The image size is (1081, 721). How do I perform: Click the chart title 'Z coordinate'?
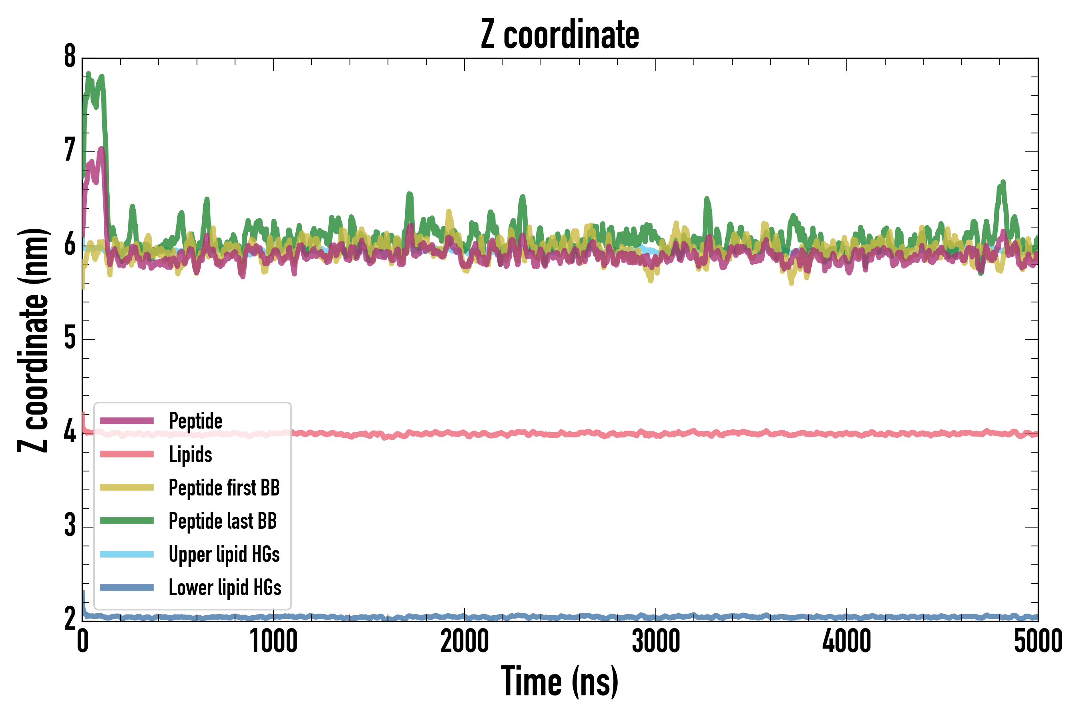coord(559,35)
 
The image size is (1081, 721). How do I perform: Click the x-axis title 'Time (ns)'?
coord(559,681)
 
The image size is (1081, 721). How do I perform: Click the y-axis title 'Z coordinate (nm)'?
coord(33,340)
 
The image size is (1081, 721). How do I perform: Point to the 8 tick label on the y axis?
coord(70,57)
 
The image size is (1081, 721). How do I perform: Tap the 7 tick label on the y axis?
coord(70,151)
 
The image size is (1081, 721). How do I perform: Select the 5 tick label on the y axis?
coord(70,339)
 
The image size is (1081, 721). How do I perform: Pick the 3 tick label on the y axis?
coord(70,526)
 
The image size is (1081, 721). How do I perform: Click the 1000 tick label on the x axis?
coord(273,641)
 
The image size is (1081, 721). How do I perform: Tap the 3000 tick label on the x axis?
coord(655,641)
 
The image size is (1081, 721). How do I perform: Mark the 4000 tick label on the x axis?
coord(847,641)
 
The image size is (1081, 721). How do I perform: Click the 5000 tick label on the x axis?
coord(1038,641)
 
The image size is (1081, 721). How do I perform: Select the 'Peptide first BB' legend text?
coord(224,488)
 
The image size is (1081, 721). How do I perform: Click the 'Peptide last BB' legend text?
coord(223,521)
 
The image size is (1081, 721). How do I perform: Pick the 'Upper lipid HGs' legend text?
coord(224,554)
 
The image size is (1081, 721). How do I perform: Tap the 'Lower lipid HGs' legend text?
coord(225,588)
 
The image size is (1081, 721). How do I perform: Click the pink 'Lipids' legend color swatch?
coord(127,454)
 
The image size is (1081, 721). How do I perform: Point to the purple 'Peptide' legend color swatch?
coord(127,421)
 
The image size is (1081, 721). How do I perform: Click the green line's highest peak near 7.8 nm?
coord(88,74)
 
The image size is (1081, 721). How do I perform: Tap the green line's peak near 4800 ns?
coord(1003,182)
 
